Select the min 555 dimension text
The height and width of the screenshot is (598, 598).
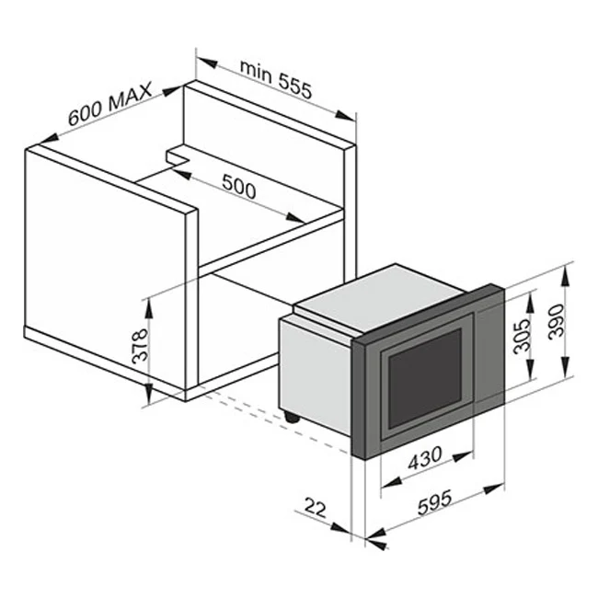pyautogui.click(x=276, y=79)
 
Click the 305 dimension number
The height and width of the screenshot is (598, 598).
pyautogui.click(x=522, y=338)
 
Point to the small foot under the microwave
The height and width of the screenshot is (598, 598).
pyautogui.click(x=293, y=417)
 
